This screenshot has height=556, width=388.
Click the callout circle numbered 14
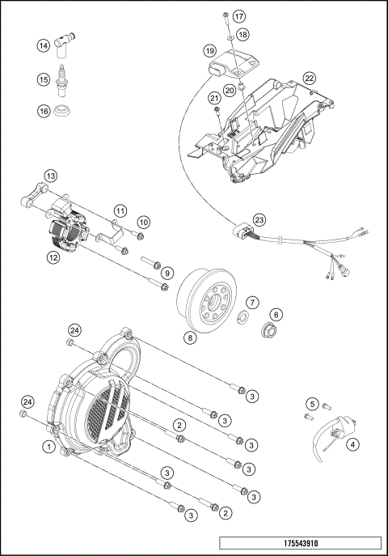[x=43, y=47]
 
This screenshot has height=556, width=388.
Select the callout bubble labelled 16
[x=43, y=111]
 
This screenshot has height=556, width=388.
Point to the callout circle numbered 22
[x=309, y=78]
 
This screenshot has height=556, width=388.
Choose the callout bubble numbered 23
[x=259, y=219]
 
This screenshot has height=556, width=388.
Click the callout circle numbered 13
[x=50, y=176]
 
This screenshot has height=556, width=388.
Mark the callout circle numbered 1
[x=50, y=445]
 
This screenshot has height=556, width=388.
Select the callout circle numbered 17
[x=238, y=17]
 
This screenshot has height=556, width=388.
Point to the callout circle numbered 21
[x=215, y=99]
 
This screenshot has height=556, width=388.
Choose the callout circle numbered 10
[x=143, y=221]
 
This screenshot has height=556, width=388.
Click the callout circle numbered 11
[x=120, y=211]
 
